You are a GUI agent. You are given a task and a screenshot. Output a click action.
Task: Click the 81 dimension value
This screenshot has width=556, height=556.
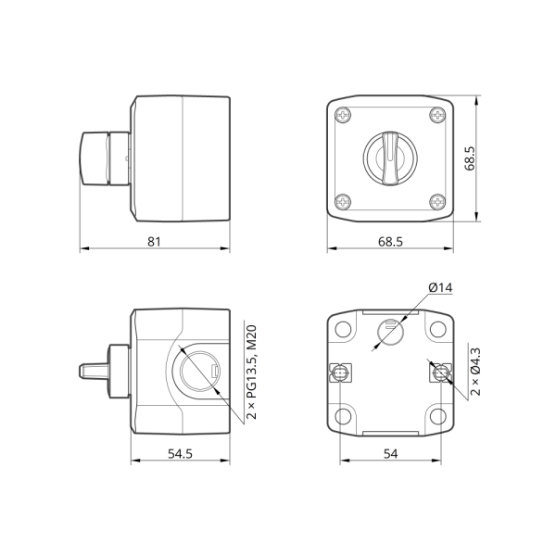(154, 242)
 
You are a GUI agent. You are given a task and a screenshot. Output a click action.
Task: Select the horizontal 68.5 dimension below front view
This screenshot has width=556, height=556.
(390, 242)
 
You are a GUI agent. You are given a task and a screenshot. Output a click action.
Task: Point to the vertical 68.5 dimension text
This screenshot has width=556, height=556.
(471, 158)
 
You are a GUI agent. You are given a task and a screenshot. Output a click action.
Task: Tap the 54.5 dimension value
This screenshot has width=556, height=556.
(180, 453)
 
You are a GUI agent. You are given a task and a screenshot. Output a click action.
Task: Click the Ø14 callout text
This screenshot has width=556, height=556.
(440, 287)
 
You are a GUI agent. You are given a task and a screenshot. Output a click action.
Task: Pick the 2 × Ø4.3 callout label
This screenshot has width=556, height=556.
(475, 372)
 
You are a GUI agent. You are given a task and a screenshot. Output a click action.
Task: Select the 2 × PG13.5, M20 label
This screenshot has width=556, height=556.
(251, 373)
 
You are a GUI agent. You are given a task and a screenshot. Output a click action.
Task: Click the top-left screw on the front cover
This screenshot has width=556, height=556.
(343, 115)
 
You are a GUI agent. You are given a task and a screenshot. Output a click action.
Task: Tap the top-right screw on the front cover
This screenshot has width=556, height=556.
(437, 115)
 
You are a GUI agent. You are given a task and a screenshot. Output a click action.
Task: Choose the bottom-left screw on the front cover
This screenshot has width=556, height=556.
(343, 202)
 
